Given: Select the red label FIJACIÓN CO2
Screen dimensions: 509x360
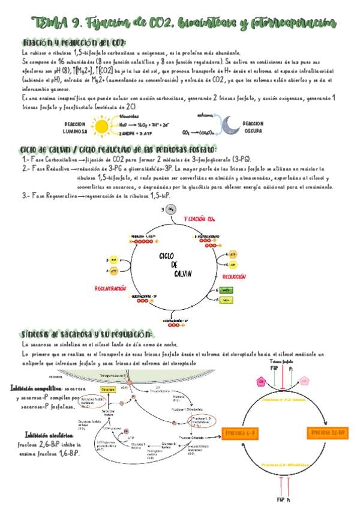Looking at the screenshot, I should (200, 218).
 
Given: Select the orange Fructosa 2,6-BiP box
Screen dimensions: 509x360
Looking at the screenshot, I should (329, 432).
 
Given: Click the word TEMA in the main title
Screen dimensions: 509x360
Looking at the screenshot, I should (50, 23).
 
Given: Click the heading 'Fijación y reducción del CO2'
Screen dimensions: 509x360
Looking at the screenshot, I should (73, 43).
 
